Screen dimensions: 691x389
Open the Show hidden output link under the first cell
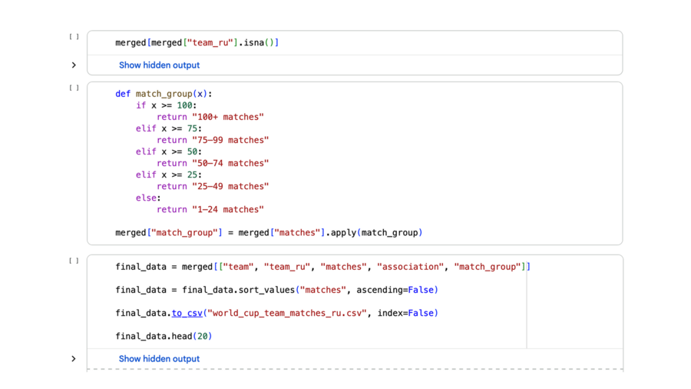pos(159,65)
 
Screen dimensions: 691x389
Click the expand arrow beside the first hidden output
pos(74,65)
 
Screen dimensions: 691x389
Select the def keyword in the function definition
pos(123,94)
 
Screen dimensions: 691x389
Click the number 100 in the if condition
pos(184,105)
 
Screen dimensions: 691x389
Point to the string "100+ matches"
pos(228,117)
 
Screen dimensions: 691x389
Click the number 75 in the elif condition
pos(192,129)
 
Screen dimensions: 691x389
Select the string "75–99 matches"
pos(230,140)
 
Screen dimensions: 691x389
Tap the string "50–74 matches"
pos(230,163)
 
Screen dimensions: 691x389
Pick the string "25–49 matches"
pos(230,187)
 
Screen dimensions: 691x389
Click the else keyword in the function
pos(146,198)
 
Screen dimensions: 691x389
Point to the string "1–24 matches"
pos(228,210)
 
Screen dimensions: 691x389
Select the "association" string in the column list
pos(410,267)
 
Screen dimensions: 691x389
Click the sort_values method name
pos(266,290)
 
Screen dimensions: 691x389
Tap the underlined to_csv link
pos(187,313)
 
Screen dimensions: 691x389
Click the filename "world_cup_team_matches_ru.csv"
pos(287,313)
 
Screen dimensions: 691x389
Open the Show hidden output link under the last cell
pos(159,359)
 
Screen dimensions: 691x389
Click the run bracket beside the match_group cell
pos(74,88)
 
